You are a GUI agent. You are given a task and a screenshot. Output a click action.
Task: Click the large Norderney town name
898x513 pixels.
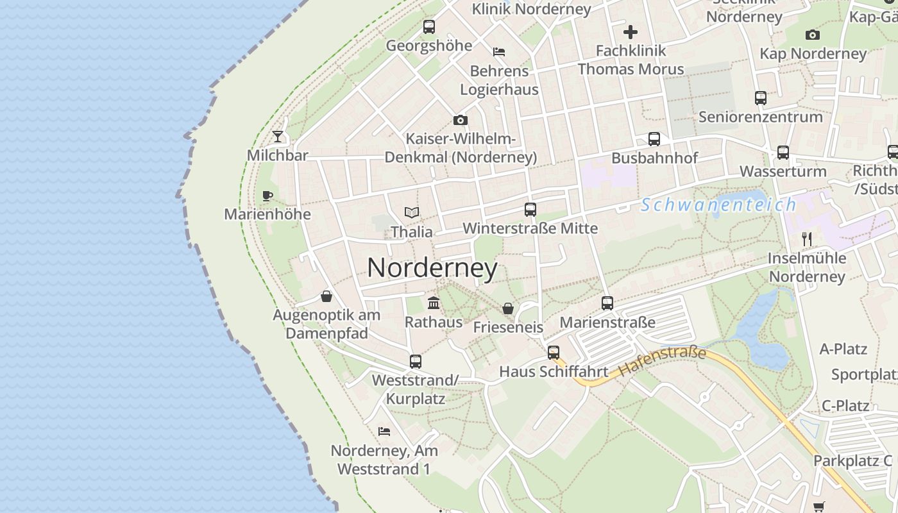tap(432, 268)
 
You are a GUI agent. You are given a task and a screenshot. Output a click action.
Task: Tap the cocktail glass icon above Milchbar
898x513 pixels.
tap(278, 136)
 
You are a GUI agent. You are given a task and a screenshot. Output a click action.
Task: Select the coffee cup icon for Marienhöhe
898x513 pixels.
tap(267, 196)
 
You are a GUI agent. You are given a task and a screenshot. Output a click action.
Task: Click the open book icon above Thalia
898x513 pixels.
tap(411, 212)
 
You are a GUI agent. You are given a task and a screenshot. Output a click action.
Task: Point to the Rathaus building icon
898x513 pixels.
tap(434, 303)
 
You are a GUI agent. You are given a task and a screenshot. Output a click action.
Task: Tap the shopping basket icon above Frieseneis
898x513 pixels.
tap(508, 308)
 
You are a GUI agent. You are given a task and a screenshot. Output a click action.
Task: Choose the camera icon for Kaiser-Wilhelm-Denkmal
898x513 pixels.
tap(460, 120)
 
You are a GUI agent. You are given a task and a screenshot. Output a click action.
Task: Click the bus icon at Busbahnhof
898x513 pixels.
tap(654, 139)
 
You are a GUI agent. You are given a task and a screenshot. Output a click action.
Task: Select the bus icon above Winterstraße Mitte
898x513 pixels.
tap(530, 210)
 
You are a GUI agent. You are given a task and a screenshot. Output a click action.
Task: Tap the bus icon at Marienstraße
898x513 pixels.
tap(607, 303)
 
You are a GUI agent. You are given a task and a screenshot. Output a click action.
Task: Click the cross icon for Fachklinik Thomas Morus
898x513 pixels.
tap(631, 31)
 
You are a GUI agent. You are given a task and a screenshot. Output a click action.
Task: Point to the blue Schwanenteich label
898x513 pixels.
tap(718, 205)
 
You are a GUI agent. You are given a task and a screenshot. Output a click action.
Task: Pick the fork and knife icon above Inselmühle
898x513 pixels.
tap(807, 239)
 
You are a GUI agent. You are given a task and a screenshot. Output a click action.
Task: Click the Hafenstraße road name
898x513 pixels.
tap(663, 362)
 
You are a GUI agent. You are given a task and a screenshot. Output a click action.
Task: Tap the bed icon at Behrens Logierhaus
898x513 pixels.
tap(499, 52)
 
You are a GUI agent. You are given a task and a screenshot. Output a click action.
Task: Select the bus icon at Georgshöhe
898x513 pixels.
tap(429, 27)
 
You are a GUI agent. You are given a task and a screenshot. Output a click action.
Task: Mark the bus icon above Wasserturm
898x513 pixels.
tap(783, 153)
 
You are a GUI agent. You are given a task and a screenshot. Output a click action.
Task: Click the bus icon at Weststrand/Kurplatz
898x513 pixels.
tap(416, 362)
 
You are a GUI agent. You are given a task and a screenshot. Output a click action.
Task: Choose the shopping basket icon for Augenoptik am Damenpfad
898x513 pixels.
tap(326, 296)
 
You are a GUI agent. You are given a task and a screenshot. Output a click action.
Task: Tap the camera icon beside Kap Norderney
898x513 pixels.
tap(813, 35)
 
